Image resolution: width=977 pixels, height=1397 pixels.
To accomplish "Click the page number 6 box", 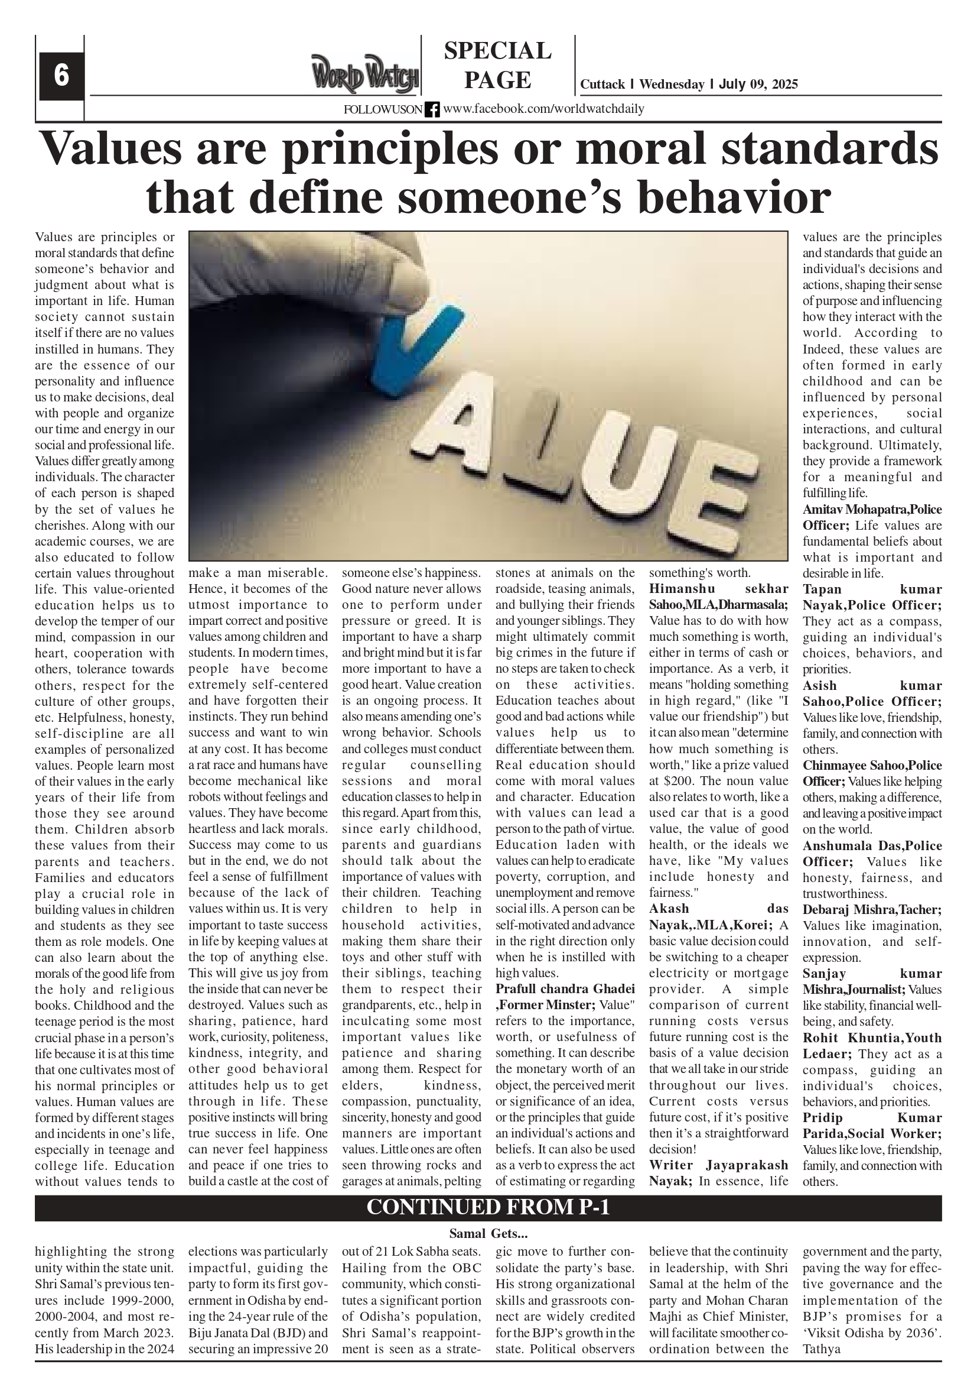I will (x=61, y=76).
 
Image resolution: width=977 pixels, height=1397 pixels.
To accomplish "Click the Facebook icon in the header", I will (x=432, y=109).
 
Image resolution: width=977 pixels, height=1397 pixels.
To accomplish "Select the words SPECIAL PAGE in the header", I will (x=497, y=65).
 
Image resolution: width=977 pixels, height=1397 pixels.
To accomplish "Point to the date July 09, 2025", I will (x=758, y=85).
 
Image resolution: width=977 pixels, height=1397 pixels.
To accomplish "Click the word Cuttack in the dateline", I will (x=603, y=85).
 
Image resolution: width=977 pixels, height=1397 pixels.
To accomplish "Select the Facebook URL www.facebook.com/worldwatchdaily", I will (x=543, y=109).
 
